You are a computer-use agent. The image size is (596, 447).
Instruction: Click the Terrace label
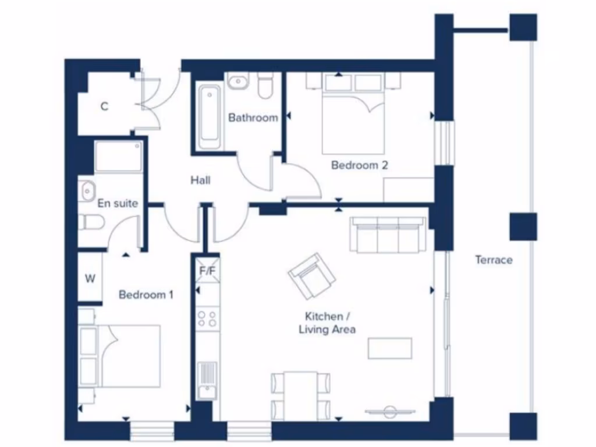pyautogui.click(x=494, y=260)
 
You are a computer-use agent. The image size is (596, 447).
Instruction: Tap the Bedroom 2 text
pyautogui.click(x=359, y=165)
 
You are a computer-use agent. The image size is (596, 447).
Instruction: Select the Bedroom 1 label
pyautogui.click(x=146, y=295)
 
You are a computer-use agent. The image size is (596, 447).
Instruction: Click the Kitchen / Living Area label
pyautogui.click(x=327, y=323)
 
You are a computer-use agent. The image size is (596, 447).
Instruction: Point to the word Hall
pyautogui.click(x=200, y=180)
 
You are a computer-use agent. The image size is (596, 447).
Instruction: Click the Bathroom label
pyautogui.click(x=253, y=118)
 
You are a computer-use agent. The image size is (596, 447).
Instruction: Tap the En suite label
pyautogui.click(x=118, y=203)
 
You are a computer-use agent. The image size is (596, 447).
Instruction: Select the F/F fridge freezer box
pyautogui.click(x=207, y=270)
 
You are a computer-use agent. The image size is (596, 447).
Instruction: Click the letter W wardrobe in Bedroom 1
pyautogui.click(x=90, y=278)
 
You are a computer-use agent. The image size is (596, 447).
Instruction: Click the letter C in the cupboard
pyautogui.click(x=104, y=107)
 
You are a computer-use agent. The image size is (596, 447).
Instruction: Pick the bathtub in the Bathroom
pyautogui.click(x=209, y=117)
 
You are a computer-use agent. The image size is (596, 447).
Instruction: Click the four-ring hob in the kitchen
pyautogui.click(x=207, y=318)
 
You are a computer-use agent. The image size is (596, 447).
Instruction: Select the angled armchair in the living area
pyautogui.click(x=311, y=275)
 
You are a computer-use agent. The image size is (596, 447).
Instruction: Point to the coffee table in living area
pyautogui.click(x=389, y=348)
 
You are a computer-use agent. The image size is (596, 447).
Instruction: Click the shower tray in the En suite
pyautogui.click(x=119, y=157)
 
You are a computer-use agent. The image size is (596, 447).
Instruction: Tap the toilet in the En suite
pyautogui.click(x=91, y=221)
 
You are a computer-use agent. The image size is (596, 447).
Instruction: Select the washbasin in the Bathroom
pyautogui.click(x=237, y=83)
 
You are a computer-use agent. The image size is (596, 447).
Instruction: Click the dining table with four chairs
pyautogui.click(x=301, y=395)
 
